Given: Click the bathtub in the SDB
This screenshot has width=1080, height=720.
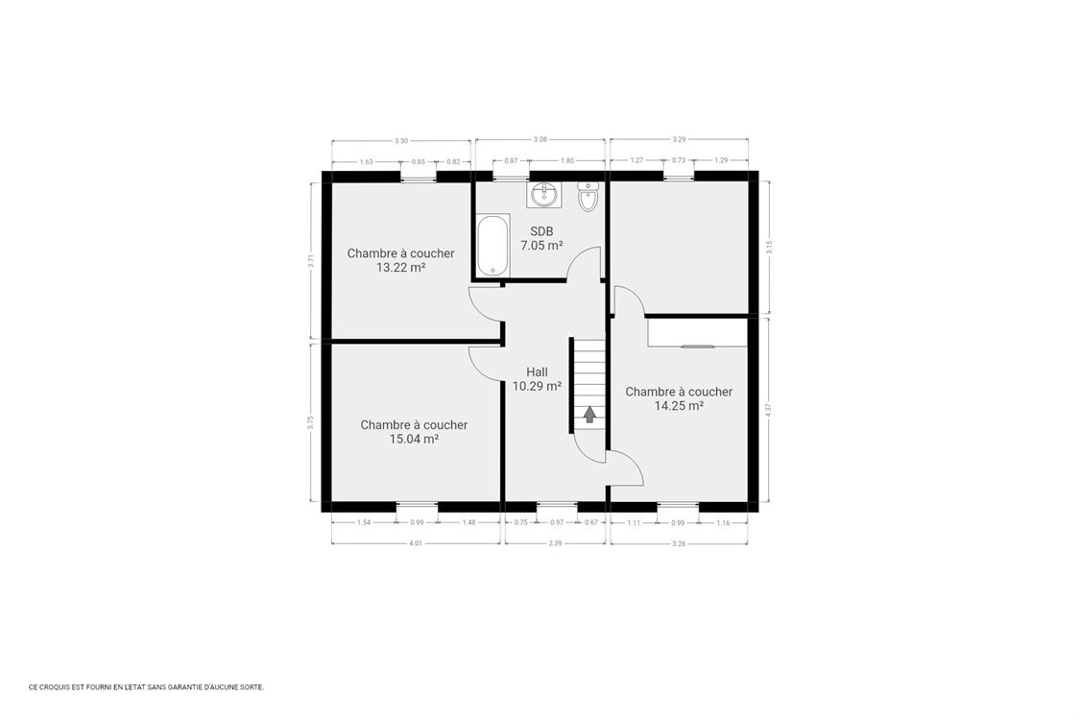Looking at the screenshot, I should point(492,246).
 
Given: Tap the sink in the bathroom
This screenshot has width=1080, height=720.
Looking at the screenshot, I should point(543,195).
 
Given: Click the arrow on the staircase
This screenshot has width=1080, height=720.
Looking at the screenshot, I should point(589,414).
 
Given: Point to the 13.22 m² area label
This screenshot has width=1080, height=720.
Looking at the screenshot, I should point(400,268).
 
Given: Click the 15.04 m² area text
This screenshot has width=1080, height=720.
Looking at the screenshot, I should point(414,439).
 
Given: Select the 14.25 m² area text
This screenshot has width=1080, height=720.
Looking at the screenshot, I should point(679,406).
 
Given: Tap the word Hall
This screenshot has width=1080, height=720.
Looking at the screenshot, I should point(537,372).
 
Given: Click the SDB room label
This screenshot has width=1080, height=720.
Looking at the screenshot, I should point(541,231).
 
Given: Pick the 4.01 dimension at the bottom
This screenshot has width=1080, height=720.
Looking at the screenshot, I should point(416,543).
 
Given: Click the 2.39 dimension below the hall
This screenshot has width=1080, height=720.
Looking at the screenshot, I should point(555,543).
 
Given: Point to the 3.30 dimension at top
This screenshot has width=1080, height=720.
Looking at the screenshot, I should point(400,141).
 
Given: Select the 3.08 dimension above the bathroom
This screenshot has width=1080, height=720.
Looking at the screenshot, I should point(540,140).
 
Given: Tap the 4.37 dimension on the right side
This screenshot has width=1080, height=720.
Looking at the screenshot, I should point(768,408).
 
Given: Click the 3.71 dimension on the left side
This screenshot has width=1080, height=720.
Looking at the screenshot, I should point(311,259).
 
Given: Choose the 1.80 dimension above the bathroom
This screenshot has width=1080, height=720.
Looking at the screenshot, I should point(566,160).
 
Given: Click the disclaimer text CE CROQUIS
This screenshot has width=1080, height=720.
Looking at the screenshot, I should point(146,687).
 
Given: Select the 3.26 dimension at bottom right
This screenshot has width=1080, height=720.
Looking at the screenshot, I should point(679,543).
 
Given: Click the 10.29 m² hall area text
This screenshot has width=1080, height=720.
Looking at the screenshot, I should point(537,387).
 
